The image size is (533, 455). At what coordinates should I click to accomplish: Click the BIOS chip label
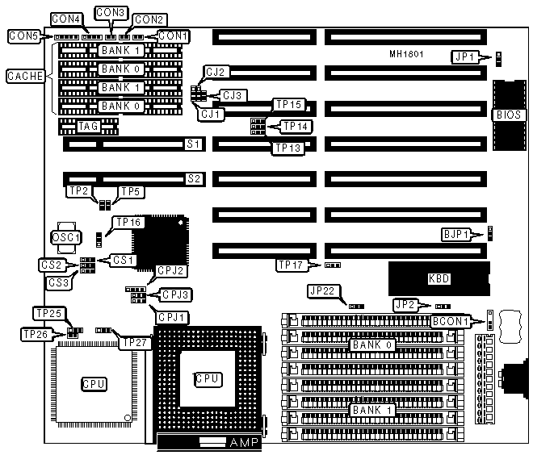pos(508,115)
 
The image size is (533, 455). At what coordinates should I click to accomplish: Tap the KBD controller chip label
pos(439,279)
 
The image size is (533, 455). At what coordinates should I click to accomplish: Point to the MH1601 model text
pos(406,54)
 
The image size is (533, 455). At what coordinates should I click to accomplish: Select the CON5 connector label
pos(22,36)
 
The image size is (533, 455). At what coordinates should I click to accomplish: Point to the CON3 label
pos(110,13)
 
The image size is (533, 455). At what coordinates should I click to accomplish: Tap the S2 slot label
pos(194,177)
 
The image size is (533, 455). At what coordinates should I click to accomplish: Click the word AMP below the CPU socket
pos(244,443)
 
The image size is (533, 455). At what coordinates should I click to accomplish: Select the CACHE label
pos(22,76)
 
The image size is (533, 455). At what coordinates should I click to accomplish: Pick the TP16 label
pos(129,222)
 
